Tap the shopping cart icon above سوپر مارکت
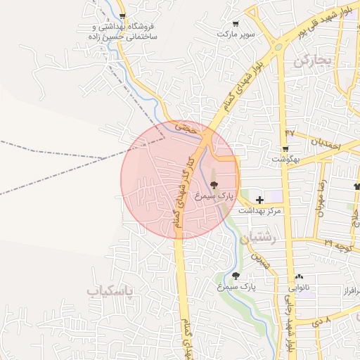pos(236,22)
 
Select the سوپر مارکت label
pos(235,34)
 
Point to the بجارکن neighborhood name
pos(311,61)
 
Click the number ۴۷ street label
pos(290,132)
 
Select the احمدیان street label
pos(326,143)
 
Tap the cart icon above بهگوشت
pos(285,148)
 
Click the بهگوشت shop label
pos(287,160)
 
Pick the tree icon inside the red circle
pos(214,184)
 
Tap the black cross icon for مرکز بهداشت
pos(260,200)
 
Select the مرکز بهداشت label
pos(260,211)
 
